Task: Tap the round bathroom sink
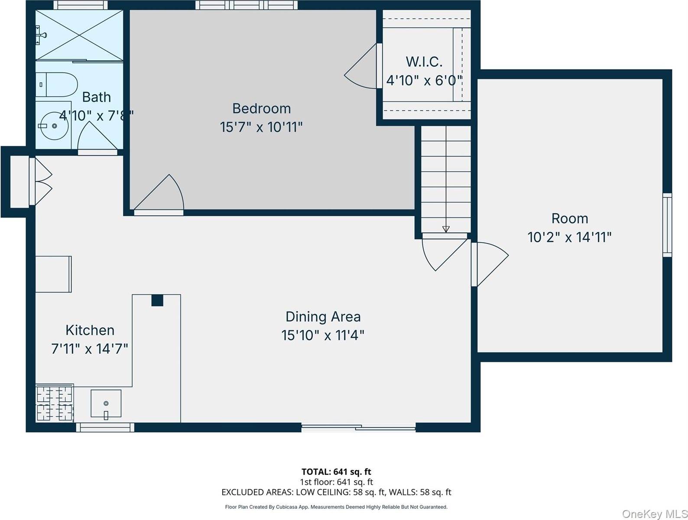[54, 126]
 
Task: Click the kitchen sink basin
[106, 403]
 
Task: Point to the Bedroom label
[261, 108]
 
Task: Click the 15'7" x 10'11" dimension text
[261, 127]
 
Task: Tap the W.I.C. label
[424, 62]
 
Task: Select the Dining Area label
[323, 317]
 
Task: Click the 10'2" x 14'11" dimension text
[569, 237]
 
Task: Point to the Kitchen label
[90, 330]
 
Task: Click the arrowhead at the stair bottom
[446, 229]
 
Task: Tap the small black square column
[157, 300]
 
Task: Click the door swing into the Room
[490, 264]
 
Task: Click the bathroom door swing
[97, 138]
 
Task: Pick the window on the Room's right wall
[667, 225]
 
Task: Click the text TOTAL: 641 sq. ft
[336, 472]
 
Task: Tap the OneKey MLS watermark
[655, 514]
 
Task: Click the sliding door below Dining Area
[359, 427]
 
